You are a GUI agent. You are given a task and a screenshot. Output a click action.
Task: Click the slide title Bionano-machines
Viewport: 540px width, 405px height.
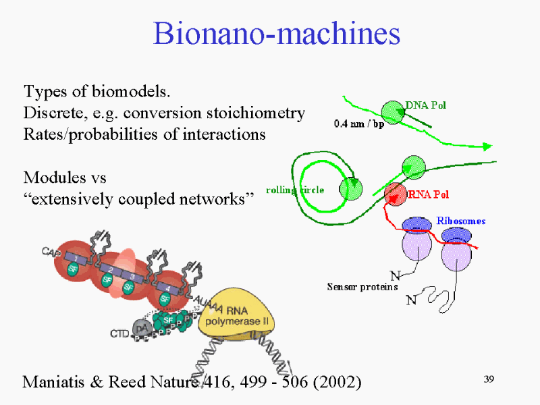pos(277,33)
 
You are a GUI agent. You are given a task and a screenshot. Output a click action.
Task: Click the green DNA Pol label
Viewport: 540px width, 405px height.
pos(426,105)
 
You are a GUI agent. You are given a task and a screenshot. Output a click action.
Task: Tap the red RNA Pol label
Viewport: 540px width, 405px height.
pos(429,194)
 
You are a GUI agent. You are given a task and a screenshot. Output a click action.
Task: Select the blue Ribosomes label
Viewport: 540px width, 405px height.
pos(461,221)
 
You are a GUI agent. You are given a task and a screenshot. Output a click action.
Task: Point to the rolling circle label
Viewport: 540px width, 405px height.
pos(295,190)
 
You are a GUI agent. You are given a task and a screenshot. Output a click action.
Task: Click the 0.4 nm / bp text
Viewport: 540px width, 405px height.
pos(359,124)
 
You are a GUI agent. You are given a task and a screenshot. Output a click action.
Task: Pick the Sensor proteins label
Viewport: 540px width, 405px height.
pos(362,286)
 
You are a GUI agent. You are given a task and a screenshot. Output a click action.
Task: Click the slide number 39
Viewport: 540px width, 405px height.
pos(489,379)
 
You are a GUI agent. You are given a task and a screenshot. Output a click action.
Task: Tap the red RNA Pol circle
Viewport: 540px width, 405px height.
pos(396,194)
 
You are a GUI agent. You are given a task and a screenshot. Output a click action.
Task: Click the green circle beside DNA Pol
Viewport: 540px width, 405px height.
pos(393,112)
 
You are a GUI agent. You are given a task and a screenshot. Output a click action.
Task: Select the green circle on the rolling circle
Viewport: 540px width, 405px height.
pos(351,189)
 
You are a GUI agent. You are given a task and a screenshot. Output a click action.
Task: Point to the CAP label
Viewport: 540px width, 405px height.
pos(51,252)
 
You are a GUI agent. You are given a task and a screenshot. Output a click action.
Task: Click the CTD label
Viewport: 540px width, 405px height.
pos(119,333)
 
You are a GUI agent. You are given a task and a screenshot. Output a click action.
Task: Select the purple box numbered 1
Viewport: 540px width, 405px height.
pos(76,258)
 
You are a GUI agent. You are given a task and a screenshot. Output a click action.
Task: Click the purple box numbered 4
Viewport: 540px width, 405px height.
pos(167,288)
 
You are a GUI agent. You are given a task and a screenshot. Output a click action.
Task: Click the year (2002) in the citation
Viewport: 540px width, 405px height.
pos(337,382)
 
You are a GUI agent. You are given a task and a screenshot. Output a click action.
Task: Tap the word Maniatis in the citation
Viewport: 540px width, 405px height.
pos(53,381)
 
